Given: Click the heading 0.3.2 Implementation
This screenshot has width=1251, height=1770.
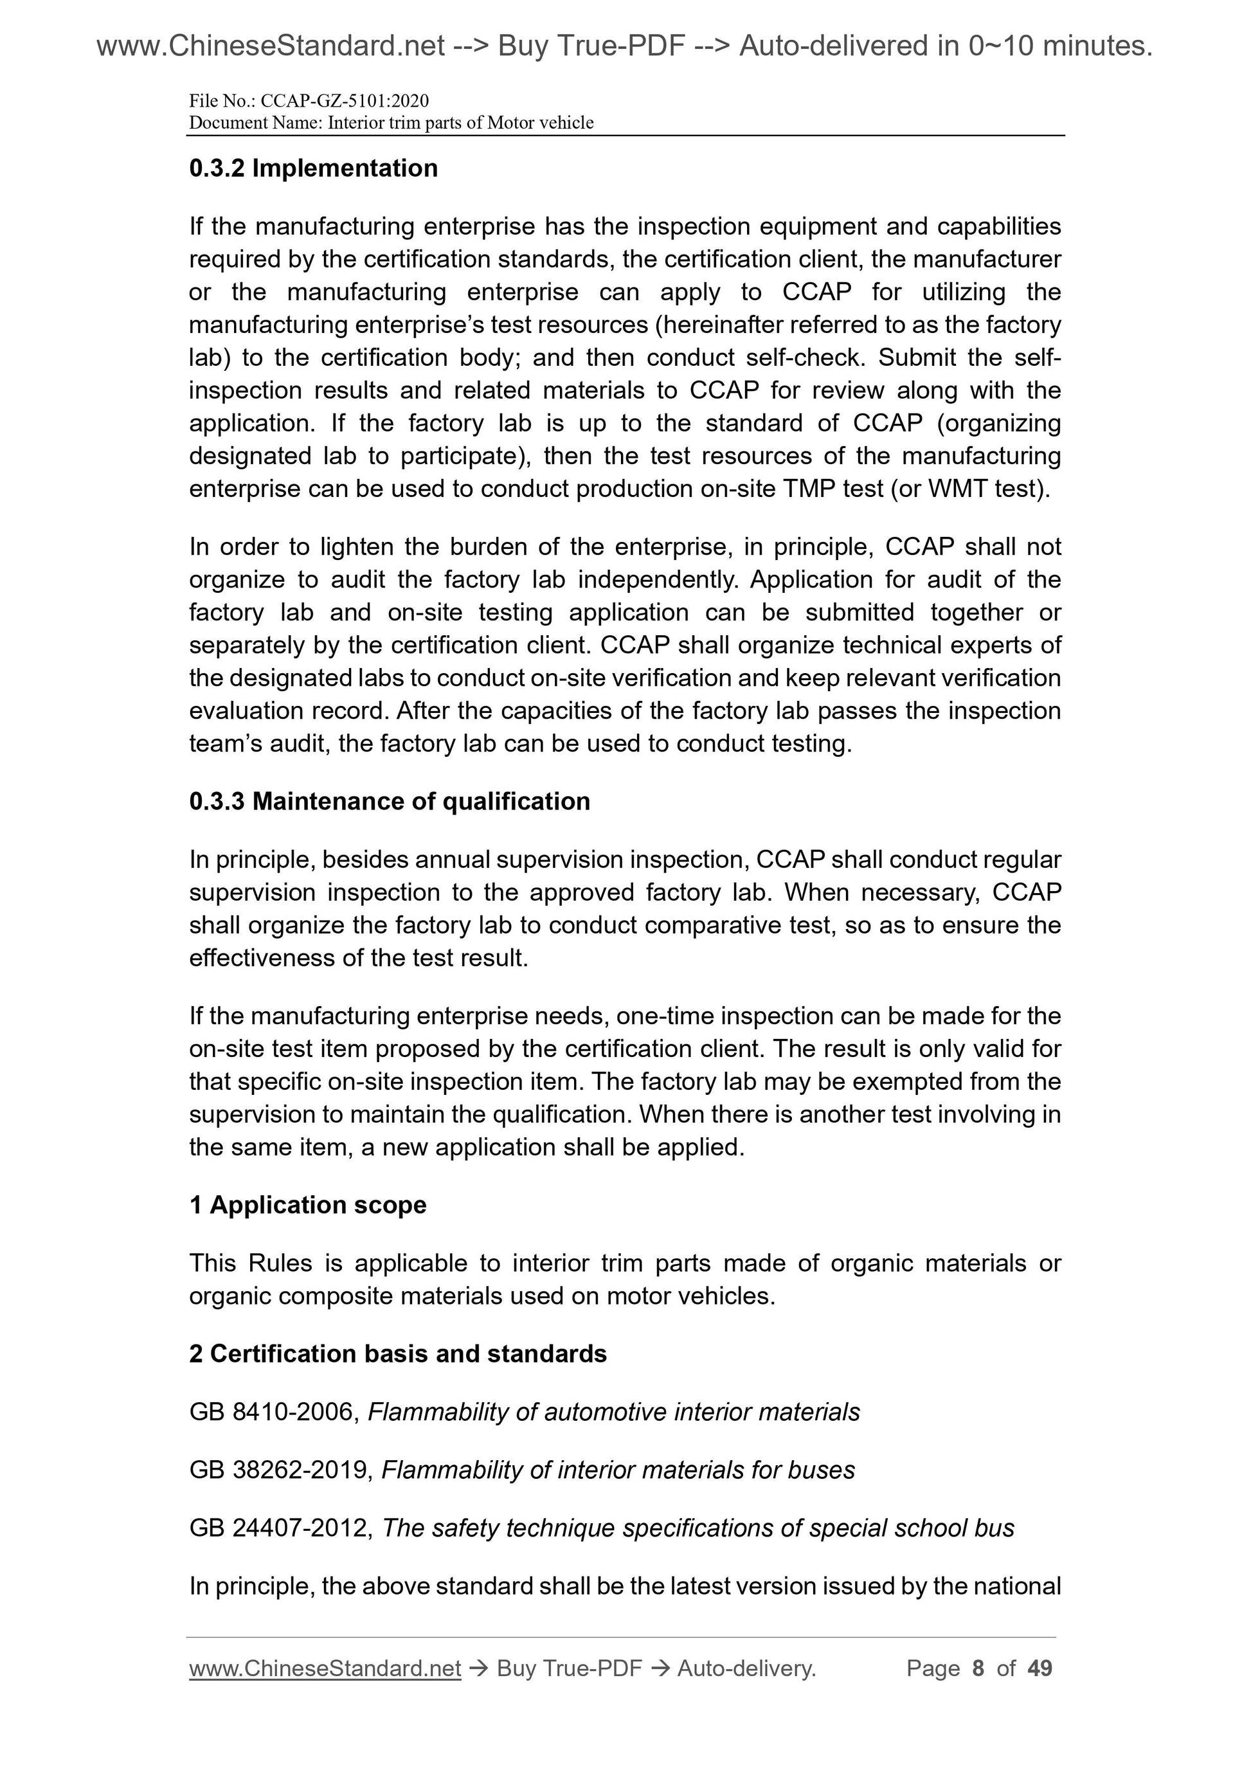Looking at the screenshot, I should tap(313, 168).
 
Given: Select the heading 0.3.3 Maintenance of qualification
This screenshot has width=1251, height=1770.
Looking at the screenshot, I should tap(390, 801).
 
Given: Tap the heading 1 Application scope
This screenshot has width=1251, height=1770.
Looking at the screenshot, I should tap(307, 1204).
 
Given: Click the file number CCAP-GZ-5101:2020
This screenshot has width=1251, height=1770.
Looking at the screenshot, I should tap(345, 101).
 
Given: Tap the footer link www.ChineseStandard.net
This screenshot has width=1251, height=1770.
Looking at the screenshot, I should tap(325, 1668).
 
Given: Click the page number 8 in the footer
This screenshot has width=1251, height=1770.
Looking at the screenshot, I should tap(978, 1668).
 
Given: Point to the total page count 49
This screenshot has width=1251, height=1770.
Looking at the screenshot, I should tap(1039, 1668).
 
